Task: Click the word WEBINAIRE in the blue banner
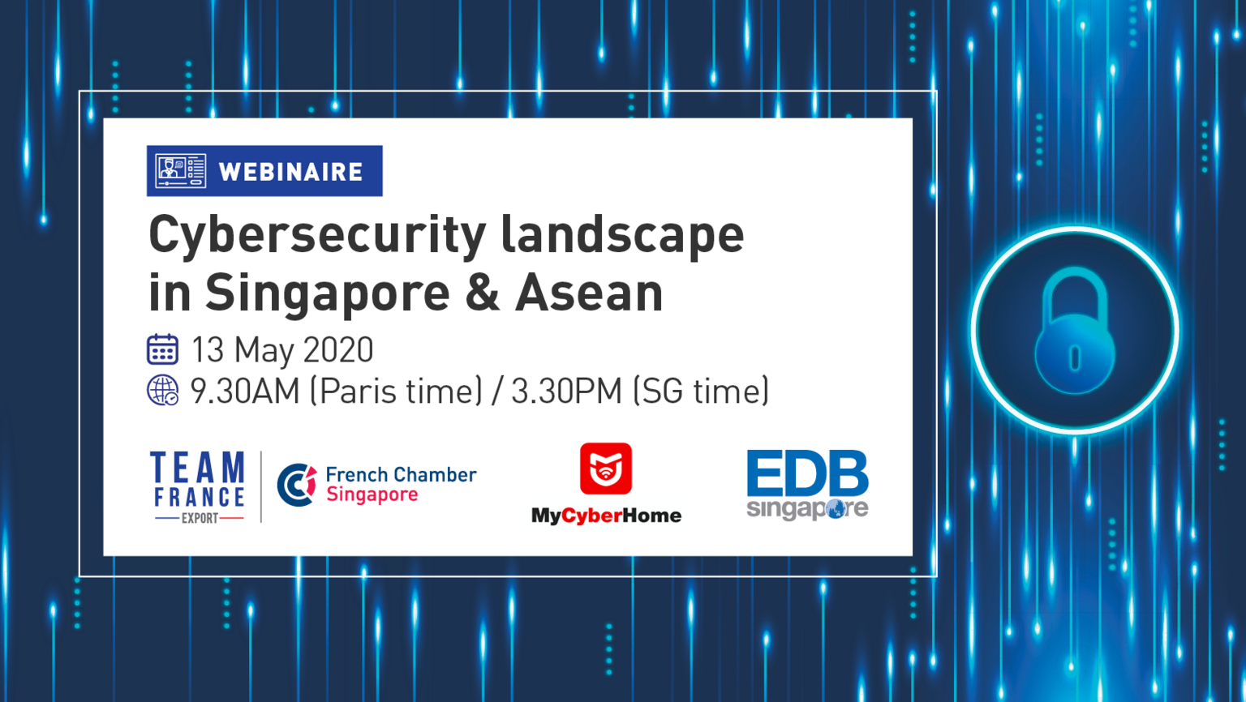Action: click(290, 172)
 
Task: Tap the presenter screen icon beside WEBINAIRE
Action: click(180, 171)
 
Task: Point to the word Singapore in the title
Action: click(327, 294)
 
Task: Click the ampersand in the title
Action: click(482, 293)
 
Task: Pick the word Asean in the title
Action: click(589, 293)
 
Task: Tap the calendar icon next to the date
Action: click(162, 349)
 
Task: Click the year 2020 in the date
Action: click(338, 350)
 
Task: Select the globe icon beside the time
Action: click(162, 390)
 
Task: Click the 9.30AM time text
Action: click(245, 391)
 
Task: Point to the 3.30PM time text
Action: click(566, 391)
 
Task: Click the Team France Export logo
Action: click(198, 487)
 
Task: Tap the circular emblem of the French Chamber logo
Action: click(297, 485)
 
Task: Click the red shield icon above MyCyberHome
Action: click(606, 469)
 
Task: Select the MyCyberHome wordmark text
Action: click(606, 516)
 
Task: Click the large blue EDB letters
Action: click(807, 473)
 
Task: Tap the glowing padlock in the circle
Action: click(1075, 332)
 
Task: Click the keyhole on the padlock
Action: click(1075, 357)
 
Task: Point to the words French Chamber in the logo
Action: click(401, 475)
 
